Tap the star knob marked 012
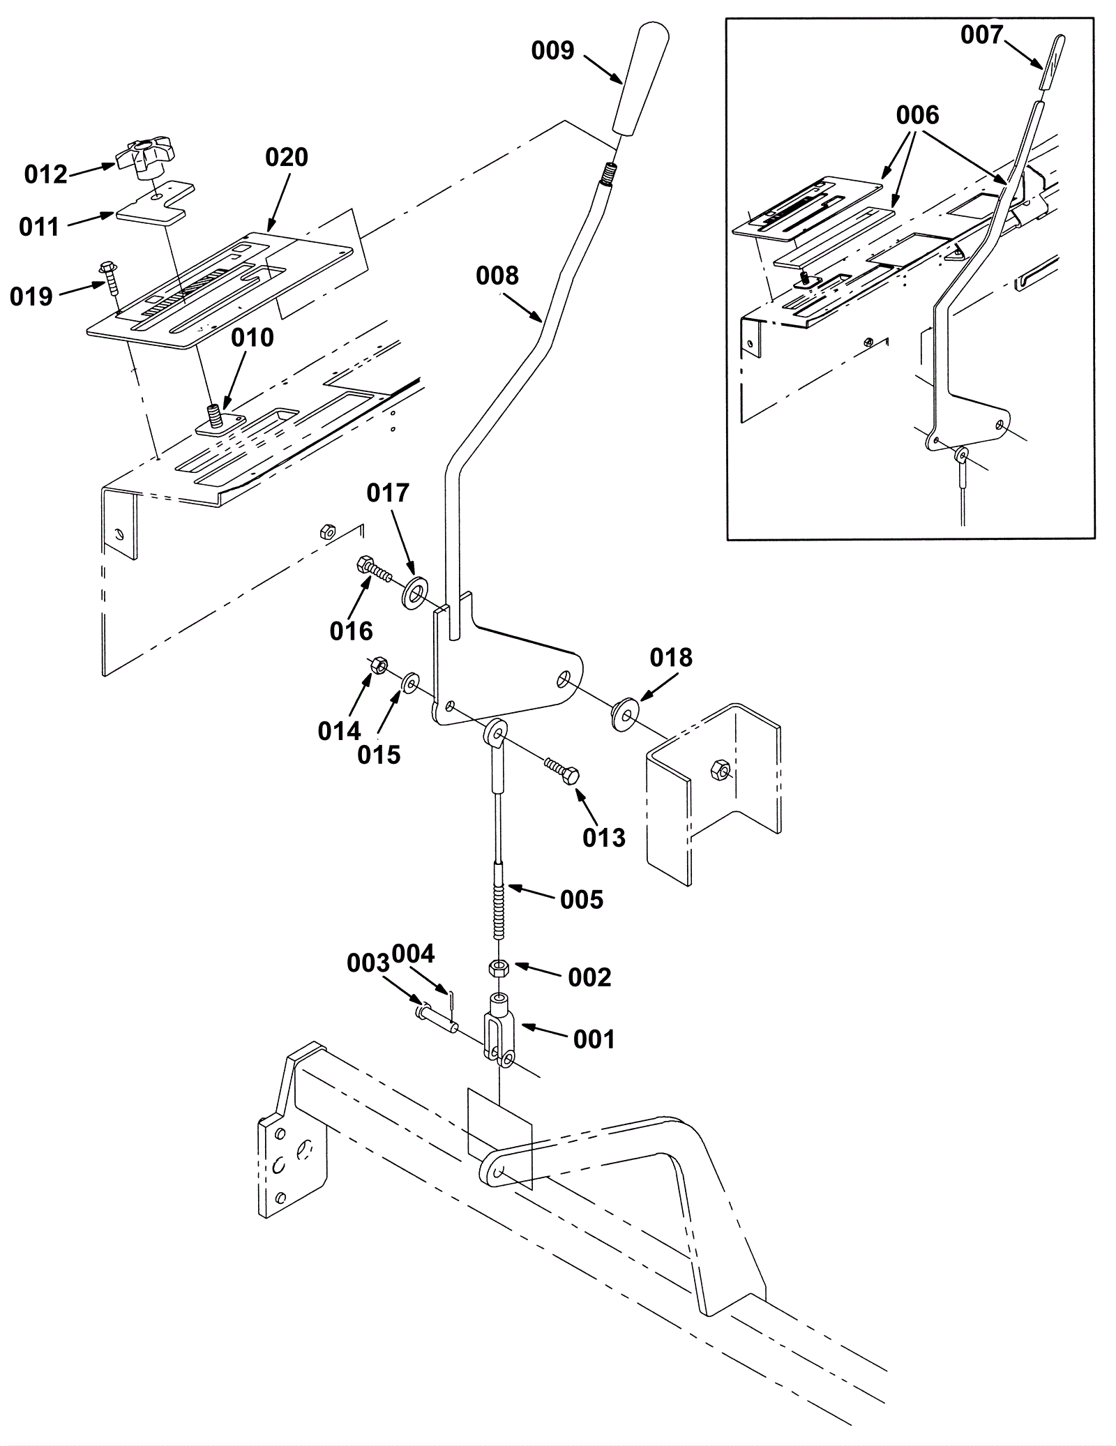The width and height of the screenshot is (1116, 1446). (146, 157)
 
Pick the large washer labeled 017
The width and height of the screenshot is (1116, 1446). (416, 592)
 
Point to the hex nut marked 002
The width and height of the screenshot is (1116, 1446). (499, 968)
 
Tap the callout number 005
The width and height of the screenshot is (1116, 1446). (582, 899)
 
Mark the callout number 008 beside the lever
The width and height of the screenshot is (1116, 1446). (497, 276)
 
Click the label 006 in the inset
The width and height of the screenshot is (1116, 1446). (918, 114)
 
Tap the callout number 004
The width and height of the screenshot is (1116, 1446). (413, 953)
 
